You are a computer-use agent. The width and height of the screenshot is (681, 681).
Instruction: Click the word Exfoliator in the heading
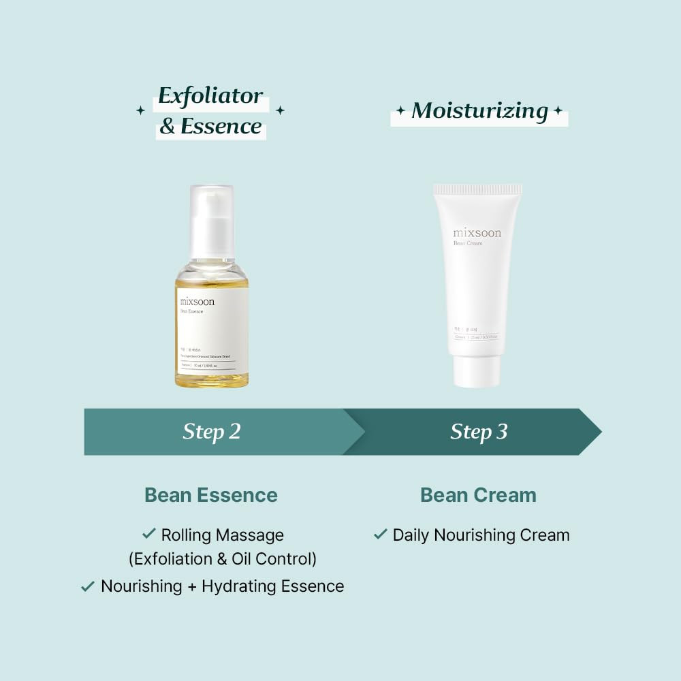(210, 96)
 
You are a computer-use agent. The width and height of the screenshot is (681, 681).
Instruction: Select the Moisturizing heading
(479, 111)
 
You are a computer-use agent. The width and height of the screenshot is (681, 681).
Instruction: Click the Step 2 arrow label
(212, 432)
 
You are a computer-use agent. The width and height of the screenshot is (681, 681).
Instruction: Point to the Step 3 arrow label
(479, 432)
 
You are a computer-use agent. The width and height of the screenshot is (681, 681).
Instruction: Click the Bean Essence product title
(211, 495)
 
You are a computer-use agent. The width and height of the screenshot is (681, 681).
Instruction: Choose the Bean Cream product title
(478, 495)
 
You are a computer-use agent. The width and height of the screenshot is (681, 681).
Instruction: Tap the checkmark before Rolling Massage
(148, 534)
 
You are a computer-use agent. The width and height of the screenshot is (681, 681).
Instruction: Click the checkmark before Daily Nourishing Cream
(381, 534)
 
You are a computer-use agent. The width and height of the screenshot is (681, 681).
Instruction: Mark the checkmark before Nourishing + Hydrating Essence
(88, 586)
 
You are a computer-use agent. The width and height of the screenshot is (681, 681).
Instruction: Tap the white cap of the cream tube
(477, 371)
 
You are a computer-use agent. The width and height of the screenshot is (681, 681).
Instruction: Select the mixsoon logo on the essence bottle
(197, 301)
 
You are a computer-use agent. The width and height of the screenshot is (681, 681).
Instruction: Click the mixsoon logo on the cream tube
(477, 233)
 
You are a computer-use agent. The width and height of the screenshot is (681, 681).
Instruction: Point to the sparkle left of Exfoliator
(140, 110)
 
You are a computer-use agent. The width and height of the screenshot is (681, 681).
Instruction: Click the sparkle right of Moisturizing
(558, 110)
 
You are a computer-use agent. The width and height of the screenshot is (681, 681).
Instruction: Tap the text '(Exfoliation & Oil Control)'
(223, 559)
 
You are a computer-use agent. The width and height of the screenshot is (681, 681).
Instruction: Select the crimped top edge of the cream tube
(478, 189)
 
